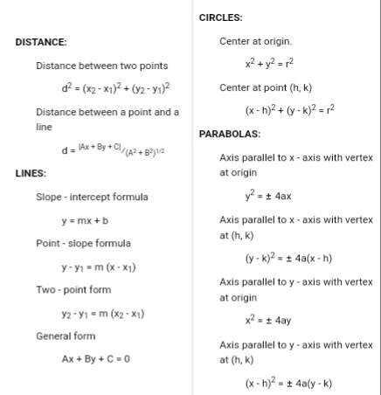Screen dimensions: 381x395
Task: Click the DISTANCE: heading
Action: (41, 42)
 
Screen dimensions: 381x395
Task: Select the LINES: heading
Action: (31, 173)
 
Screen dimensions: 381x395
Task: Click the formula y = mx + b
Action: (91, 220)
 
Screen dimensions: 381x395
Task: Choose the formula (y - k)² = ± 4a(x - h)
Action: (288, 259)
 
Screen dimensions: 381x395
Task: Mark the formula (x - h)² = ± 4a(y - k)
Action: (288, 383)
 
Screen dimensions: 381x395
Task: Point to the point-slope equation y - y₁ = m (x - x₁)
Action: (98, 267)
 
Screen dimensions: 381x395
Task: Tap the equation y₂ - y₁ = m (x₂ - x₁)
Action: (102, 313)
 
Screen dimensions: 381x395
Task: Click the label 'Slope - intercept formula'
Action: (92, 197)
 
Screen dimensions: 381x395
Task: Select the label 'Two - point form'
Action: (73, 289)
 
